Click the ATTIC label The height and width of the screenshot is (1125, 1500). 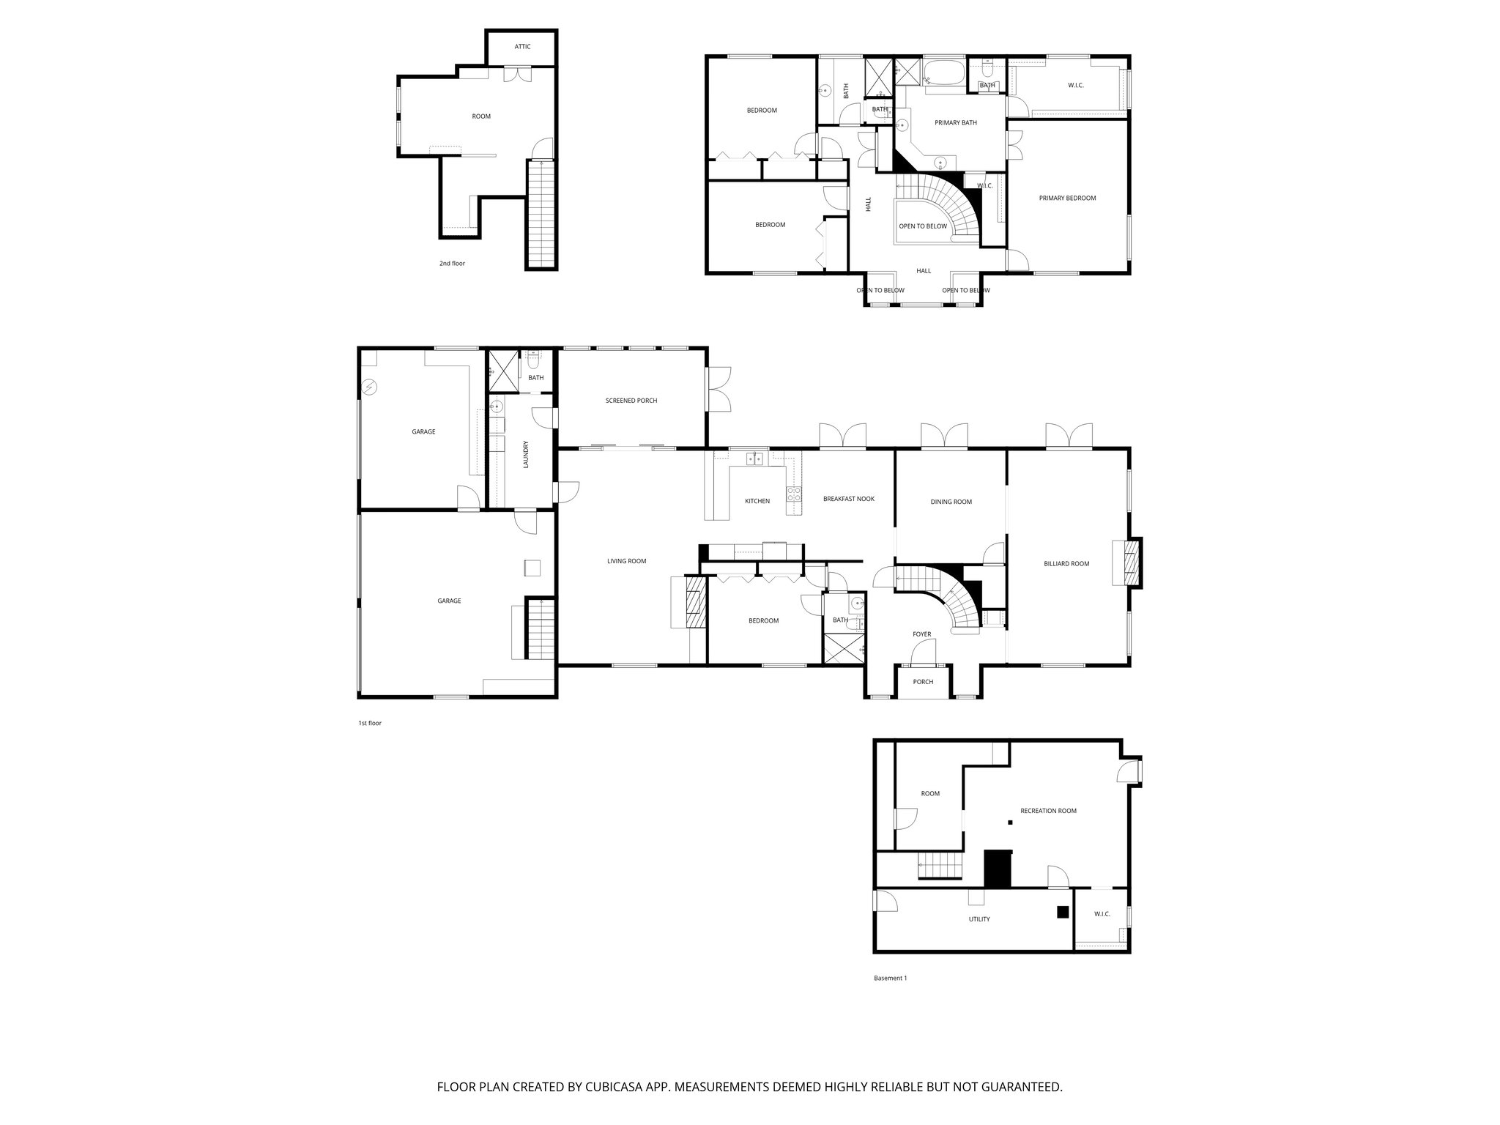click(522, 47)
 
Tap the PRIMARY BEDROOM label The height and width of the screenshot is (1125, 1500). click(1067, 198)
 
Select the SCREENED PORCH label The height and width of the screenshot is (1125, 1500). click(631, 401)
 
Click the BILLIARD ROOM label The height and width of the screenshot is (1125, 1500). click(1066, 564)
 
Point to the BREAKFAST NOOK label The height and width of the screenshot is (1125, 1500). click(848, 499)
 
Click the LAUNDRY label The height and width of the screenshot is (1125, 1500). click(526, 454)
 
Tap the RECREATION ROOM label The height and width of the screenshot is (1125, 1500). click(1047, 811)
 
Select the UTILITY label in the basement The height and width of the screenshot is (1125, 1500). click(979, 919)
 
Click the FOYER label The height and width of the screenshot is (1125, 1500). click(921, 634)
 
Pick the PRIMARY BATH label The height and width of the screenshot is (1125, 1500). click(955, 123)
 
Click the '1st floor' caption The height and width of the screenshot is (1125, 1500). click(370, 723)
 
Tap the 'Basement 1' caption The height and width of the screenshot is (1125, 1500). click(890, 978)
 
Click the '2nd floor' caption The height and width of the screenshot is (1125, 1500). click(452, 263)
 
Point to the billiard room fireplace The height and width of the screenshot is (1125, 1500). click(1132, 562)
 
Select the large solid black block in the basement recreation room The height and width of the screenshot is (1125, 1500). click(997, 869)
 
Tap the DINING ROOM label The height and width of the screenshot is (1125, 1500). click(951, 502)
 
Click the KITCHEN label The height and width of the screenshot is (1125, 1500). click(757, 501)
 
